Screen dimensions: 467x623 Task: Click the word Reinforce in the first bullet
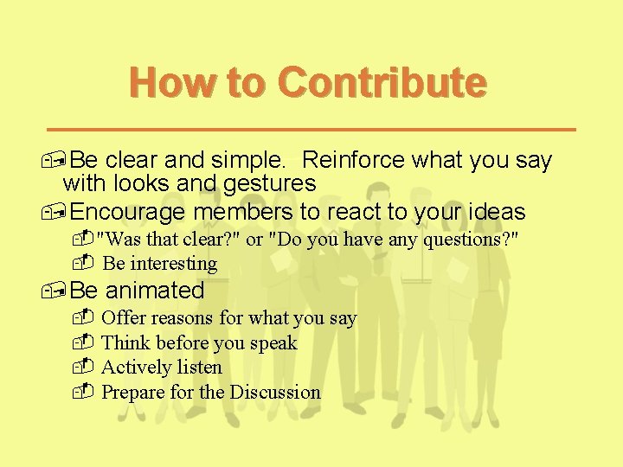(x=356, y=161)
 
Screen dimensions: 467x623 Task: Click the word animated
(x=155, y=290)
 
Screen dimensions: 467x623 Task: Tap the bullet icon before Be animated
(x=57, y=291)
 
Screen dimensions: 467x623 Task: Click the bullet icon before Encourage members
(x=57, y=213)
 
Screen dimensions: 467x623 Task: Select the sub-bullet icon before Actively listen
(x=83, y=367)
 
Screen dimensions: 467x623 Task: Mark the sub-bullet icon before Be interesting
(x=83, y=262)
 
